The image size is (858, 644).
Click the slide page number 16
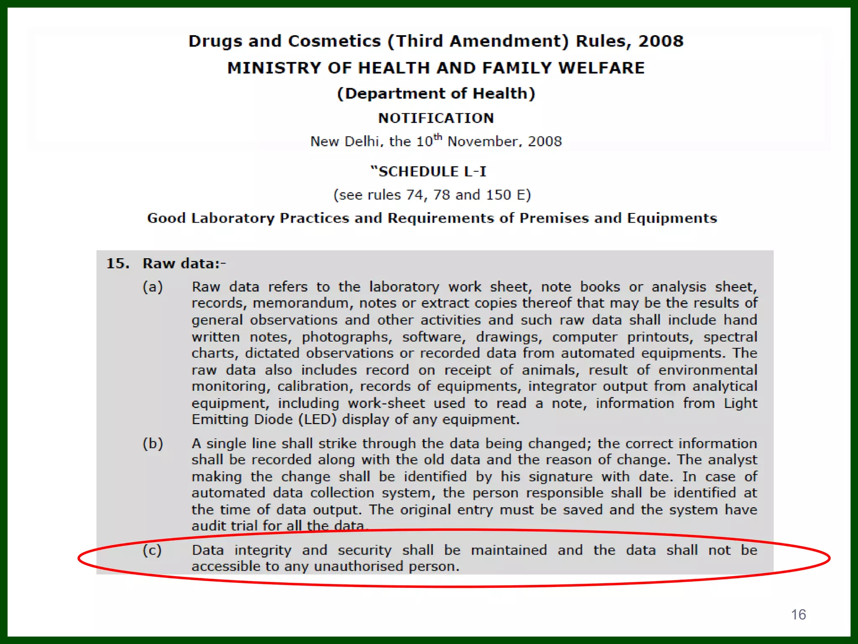798,615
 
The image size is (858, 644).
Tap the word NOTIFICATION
436,118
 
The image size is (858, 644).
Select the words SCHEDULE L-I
432,171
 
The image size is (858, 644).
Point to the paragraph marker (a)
152,287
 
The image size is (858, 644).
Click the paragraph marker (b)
152,444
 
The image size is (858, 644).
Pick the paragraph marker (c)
152,550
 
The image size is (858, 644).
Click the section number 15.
118,263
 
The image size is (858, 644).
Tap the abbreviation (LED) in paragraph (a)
317,419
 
